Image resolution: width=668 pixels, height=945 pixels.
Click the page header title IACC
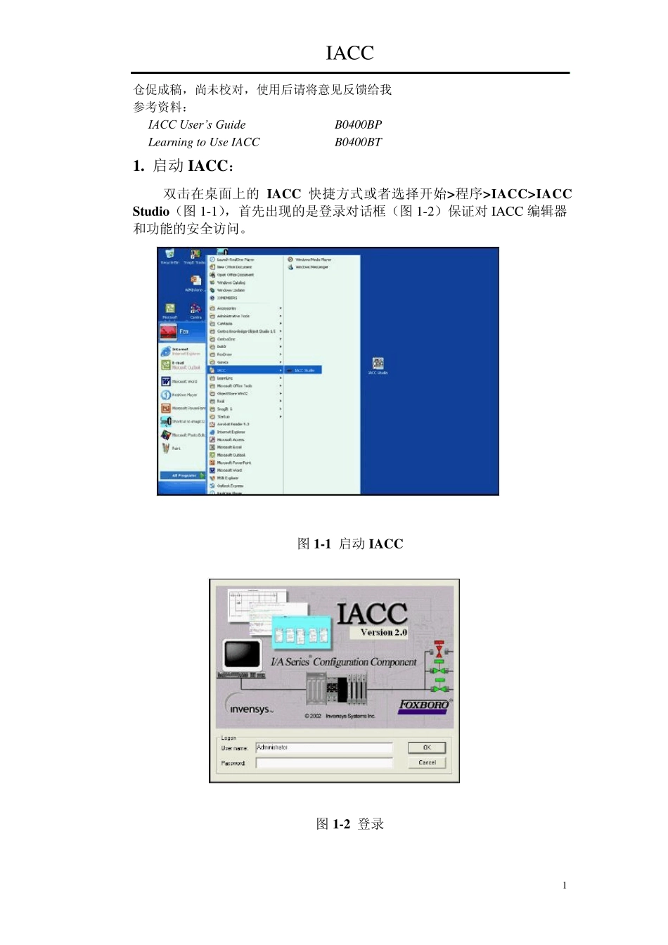click(x=349, y=53)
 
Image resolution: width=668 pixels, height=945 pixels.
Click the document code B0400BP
click(x=358, y=124)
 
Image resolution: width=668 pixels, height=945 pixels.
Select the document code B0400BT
click(x=358, y=142)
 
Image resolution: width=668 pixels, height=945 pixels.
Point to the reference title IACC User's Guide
click(x=196, y=124)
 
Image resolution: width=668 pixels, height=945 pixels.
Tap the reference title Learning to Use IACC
click(x=203, y=142)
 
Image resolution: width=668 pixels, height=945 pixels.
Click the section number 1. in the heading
click(x=139, y=166)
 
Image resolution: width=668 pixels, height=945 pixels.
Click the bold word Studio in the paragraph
click(x=151, y=212)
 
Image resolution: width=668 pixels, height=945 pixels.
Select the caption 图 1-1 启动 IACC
click(x=349, y=544)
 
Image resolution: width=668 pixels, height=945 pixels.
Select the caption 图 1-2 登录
click(x=349, y=824)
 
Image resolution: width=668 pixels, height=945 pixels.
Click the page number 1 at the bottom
click(x=564, y=885)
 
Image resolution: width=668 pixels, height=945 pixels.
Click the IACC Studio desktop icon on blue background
click(x=378, y=364)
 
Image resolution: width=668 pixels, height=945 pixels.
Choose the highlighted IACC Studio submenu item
click(x=303, y=370)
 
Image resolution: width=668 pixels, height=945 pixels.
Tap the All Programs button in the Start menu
click(x=184, y=475)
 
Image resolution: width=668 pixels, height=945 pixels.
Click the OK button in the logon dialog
click(x=427, y=747)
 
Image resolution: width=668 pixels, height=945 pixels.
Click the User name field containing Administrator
click(x=323, y=747)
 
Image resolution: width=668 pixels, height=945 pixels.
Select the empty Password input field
click(x=323, y=763)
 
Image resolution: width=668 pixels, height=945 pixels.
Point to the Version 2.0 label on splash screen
click(x=383, y=632)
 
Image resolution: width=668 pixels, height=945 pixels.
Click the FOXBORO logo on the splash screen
click(x=424, y=705)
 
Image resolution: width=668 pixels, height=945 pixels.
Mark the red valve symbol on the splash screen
click(x=439, y=648)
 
